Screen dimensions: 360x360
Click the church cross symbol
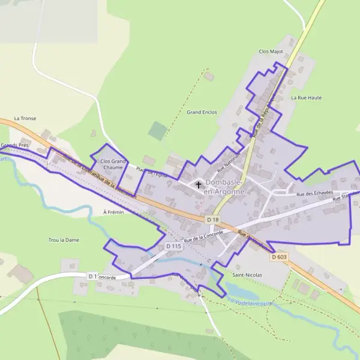point(198,185)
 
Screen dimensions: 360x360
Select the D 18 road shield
point(212,220)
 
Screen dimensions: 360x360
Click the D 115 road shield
point(173,247)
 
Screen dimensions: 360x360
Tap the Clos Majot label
point(271,52)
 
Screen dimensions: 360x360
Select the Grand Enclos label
point(202,112)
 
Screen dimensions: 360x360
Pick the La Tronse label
point(25,118)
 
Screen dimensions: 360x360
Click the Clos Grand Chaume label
point(112,164)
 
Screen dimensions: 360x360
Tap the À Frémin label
point(113,212)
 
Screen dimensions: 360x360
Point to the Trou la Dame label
point(64,240)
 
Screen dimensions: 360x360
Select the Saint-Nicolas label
point(247,275)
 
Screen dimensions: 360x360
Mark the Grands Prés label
point(14,145)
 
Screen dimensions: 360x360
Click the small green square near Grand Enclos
point(158,131)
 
